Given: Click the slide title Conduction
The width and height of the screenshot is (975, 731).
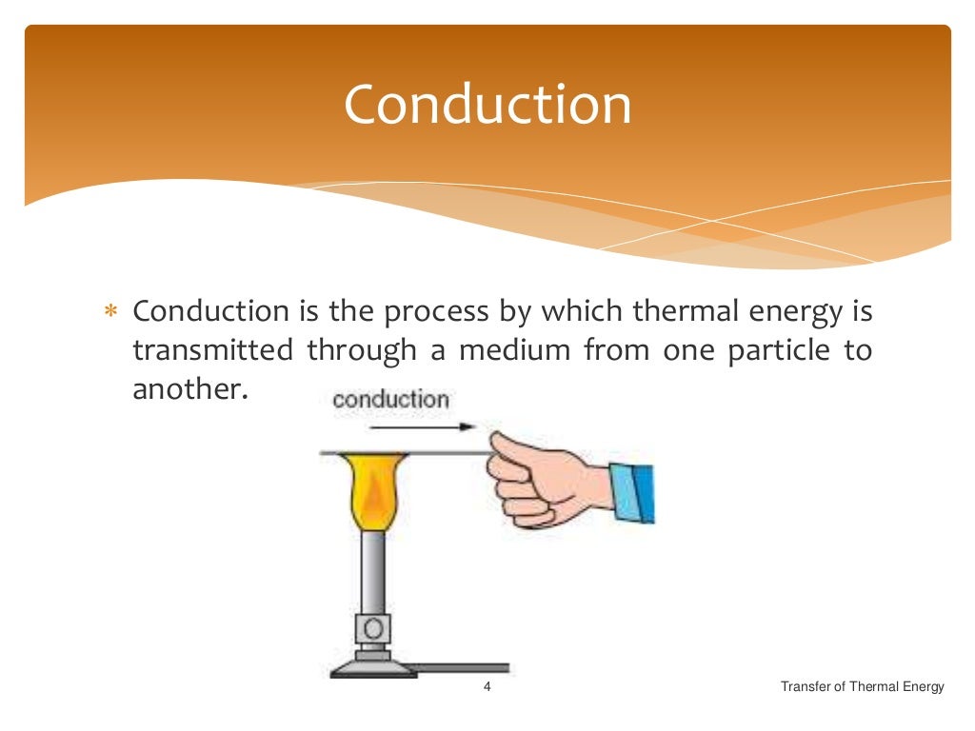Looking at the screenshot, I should tap(487, 105).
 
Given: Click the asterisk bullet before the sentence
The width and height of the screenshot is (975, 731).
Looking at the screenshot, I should tap(109, 312).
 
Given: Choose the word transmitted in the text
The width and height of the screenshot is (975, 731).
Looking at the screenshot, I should tap(212, 350).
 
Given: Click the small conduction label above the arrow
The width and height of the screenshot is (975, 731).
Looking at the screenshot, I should tap(390, 399).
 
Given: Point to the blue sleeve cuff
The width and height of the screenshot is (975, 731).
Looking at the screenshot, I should tap(632, 491).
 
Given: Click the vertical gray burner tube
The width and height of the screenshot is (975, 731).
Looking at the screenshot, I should tap(372, 571).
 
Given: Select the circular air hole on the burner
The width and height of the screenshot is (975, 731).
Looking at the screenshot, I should tap(372, 627).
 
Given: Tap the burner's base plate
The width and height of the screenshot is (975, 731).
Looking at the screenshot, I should tap(372, 668).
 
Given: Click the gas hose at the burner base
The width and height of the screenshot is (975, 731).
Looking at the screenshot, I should tap(462, 667).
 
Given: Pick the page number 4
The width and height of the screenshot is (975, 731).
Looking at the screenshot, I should tap(487, 687).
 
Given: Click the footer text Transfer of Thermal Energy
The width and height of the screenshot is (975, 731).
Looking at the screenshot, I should tap(862, 687).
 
